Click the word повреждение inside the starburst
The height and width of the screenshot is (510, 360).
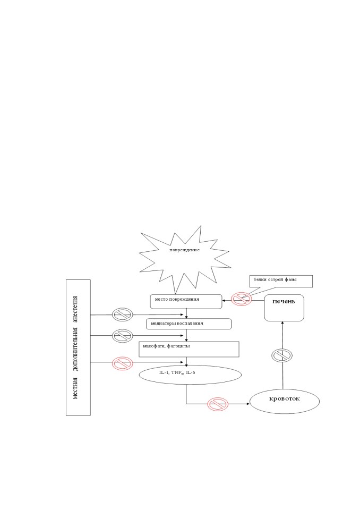point(184,250)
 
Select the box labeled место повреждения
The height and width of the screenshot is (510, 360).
point(186,302)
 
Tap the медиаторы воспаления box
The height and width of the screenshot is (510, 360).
point(188,324)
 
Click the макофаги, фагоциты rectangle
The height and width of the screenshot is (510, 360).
point(189,349)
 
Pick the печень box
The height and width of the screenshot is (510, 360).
point(284,308)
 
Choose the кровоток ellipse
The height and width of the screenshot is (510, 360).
point(285,402)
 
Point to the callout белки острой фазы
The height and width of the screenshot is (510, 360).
point(281,282)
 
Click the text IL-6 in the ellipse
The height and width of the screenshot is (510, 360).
point(191,372)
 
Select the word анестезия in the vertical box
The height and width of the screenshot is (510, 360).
point(75,309)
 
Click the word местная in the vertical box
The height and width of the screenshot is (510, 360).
point(75,388)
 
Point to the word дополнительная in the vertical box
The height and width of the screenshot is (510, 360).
point(75,349)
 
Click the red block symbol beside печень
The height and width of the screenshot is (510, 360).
point(242,299)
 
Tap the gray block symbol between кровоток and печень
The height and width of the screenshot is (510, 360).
point(282,355)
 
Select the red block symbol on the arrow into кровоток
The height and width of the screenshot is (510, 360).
point(218,404)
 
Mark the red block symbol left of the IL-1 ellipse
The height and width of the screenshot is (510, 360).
point(123,363)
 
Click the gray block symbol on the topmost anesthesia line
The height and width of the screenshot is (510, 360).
point(122,314)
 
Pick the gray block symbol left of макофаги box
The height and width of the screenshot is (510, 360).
point(122,336)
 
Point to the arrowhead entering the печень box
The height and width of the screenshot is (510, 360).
point(282,323)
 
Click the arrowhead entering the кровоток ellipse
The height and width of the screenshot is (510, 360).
point(248,404)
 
